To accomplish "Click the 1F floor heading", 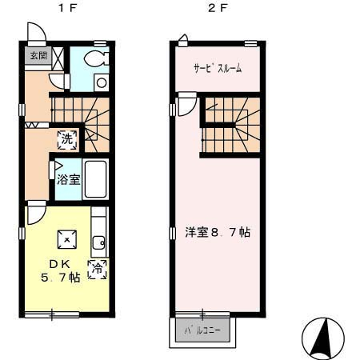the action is click(x=67, y=9).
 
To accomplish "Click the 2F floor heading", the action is click(x=218, y=9).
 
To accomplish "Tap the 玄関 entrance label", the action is click(x=39, y=56).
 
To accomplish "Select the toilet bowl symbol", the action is click(x=96, y=58).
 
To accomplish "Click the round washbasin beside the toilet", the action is click(x=102, y=83).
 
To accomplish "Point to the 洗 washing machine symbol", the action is click(x=67, y=139).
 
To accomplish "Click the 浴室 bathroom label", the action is click(x=68, y=179).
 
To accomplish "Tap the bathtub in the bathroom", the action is click(x=95, y=179).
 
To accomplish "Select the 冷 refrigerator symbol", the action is click(x=98, y=270).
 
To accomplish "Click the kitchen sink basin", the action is click(x=98, y=242).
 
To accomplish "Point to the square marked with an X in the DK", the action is click(x=67, y=239).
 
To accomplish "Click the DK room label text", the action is click(x=60, y=264).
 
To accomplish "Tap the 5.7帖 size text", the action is click(x=60, y=278).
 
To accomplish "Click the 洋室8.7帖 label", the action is click(x=218, y=233).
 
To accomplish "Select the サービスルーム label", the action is click(x=218, y=68).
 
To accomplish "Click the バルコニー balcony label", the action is click(x=202, y=331).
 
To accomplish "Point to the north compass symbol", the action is click(x=323, y=338).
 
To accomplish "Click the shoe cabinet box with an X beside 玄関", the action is click(x=58, y=58).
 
